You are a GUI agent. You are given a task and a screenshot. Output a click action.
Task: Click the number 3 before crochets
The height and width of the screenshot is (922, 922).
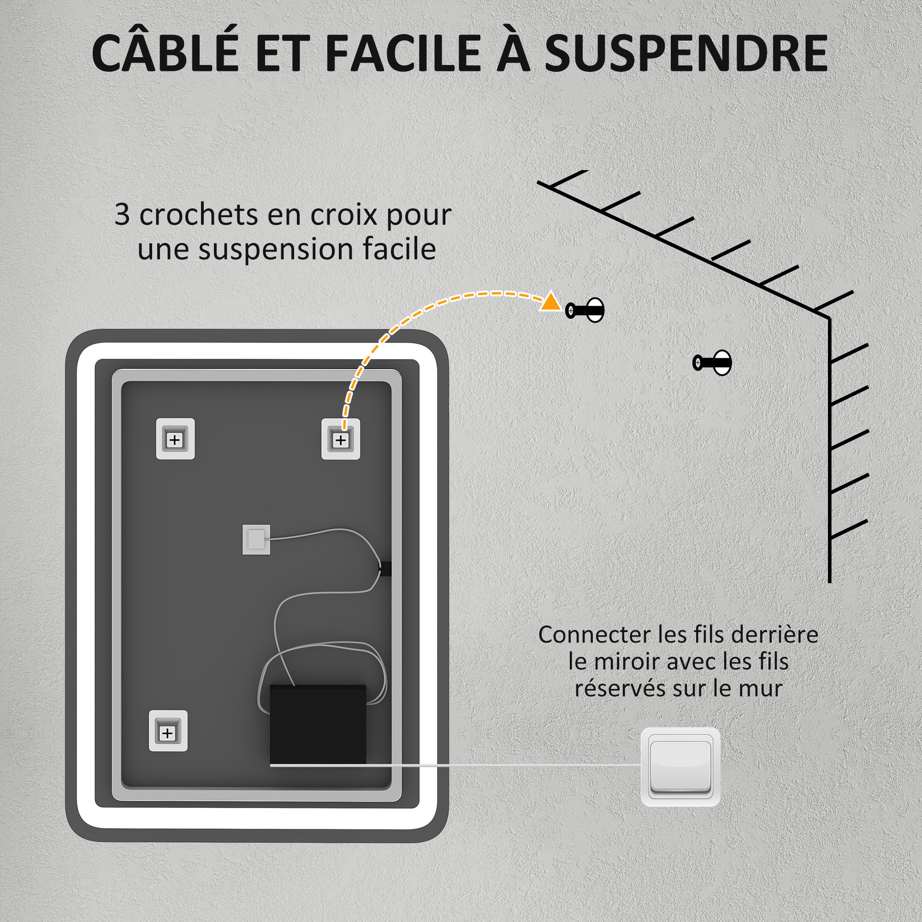click(x=122, y=215)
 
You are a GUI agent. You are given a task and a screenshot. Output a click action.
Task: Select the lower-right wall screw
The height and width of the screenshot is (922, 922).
click(x=713, y=363)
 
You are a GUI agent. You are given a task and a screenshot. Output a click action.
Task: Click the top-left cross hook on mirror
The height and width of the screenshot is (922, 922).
click(x=175, y=439)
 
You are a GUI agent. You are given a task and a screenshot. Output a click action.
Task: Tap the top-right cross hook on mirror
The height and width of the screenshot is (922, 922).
click(x=340, y=439)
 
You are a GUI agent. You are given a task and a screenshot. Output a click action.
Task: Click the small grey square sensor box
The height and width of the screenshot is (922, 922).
click(x=256, y=540)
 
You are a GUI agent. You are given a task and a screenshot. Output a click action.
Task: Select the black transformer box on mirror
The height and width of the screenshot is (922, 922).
click(x=318, y=724)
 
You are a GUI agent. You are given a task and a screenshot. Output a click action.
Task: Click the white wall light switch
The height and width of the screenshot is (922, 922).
click(x=680, y=767)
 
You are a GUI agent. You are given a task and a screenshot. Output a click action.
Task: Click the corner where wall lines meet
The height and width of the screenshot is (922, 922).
click(x=829, y=318)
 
